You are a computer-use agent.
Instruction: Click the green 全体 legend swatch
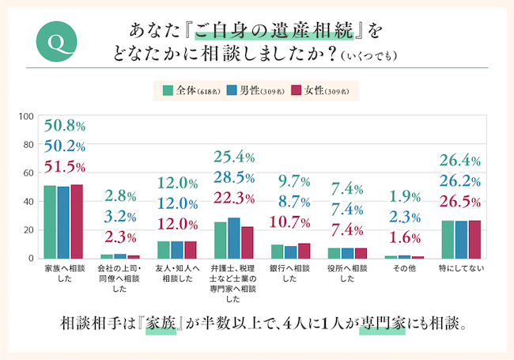(x=168, y=89)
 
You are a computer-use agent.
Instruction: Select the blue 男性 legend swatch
(x=233, y=89)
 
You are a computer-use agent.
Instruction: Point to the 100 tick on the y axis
(x=26, y=116)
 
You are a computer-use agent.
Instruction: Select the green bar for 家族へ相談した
(x=50, y=222)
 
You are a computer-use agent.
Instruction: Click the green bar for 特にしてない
(x=448, y=239)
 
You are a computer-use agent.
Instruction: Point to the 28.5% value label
(x=233, y=176)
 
